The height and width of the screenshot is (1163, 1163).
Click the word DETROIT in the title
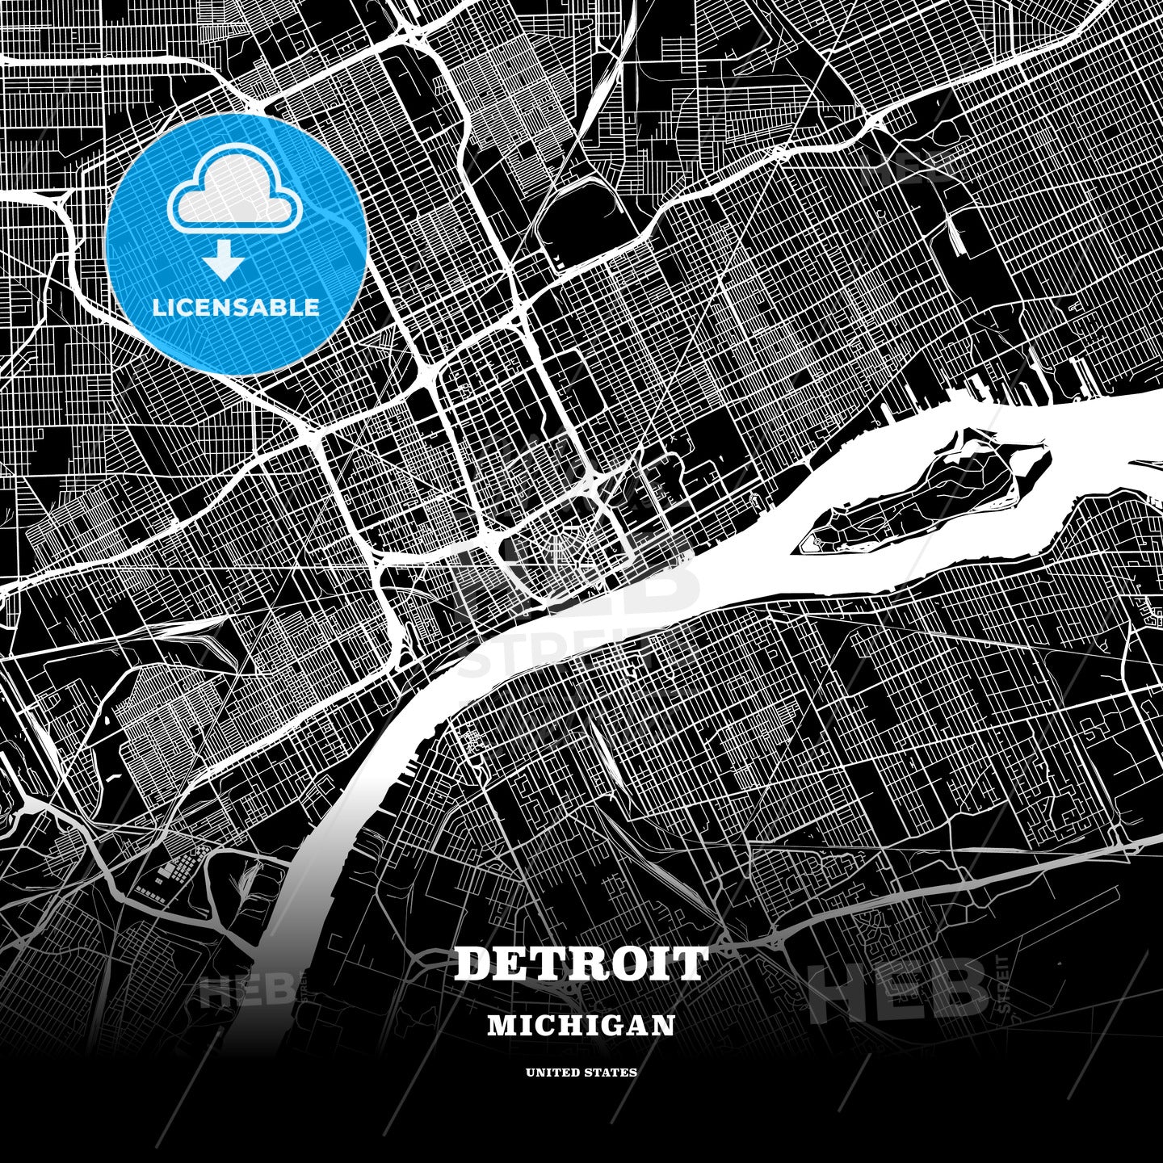pyautogui.click(x=581, y=964)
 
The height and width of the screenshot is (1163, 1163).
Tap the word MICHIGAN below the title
pyautogui.click(x=581, y=1025)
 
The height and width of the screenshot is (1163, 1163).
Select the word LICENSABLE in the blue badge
pyautogui.click(x=236, y=308)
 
